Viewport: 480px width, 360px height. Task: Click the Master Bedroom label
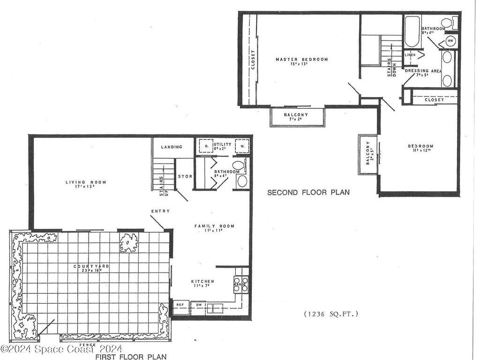301,60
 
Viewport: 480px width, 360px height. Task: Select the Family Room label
214,226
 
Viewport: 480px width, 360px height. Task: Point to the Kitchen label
202,282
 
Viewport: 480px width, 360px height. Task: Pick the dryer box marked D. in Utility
206,146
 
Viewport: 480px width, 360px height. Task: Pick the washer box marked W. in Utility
242,146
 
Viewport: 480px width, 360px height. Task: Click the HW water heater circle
450,41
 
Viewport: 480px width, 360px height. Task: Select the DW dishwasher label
199,305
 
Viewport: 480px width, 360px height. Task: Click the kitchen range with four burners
240,284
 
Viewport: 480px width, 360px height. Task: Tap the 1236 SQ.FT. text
330,314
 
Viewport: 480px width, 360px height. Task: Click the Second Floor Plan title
308,192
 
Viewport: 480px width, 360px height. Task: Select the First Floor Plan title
131,356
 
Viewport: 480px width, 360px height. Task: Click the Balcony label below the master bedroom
296,115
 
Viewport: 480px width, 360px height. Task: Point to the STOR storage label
185,177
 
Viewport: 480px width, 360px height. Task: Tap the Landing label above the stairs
172,147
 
